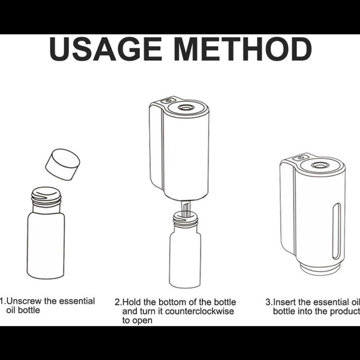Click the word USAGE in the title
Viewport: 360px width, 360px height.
(106, 49)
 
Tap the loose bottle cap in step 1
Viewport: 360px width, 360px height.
(63, 164)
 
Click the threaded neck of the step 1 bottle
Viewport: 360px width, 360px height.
(46, 199)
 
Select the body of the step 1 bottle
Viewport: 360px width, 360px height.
(46, 246)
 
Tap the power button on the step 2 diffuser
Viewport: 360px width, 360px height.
(168, 100)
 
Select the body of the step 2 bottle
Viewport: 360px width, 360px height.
(185, 260)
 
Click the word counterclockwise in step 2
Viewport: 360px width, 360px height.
(199, 311)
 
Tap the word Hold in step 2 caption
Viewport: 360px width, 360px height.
(131, 302)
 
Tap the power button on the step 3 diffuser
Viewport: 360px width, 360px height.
(301, 158)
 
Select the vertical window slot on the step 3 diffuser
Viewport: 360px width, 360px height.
(337, 231)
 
